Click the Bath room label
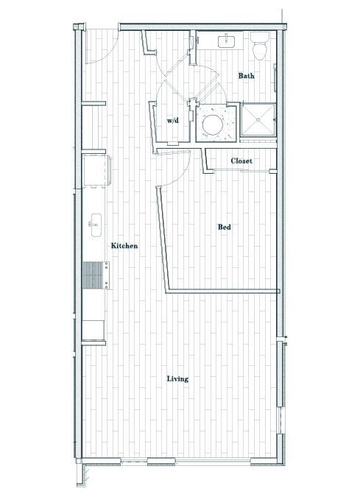246,76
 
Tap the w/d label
173,119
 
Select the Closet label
241,160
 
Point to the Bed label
225,227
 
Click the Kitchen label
124,246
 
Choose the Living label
177,379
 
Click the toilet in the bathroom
259,46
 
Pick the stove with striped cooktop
92,278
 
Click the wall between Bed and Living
221,292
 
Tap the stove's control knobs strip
107,278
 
